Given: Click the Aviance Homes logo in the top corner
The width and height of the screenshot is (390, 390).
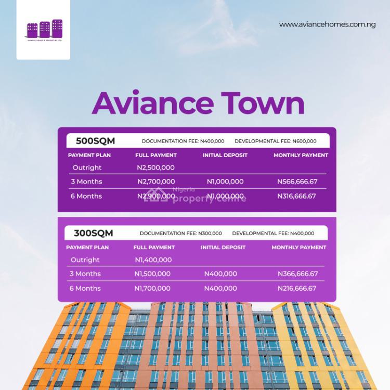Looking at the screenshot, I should click(44, 30).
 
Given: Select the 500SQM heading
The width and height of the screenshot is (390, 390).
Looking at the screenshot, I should click(95, 141).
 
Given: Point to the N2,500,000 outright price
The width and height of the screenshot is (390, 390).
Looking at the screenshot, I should click(155, 167).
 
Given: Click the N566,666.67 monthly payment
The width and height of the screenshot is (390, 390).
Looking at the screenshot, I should click(297, 181).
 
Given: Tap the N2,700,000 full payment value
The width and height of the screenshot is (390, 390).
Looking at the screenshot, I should click(156, 181).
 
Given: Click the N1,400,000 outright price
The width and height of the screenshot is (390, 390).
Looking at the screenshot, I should click(153, 259).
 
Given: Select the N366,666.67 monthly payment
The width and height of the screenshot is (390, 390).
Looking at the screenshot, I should click(298, 274).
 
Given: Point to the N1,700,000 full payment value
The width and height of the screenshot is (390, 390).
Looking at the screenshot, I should click(152, 288).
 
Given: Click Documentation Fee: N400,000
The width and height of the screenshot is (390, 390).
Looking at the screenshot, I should click(183, 141).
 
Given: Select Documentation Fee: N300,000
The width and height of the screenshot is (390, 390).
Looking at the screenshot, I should click(181, 233).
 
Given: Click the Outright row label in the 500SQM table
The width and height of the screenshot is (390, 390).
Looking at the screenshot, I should click(87, 167).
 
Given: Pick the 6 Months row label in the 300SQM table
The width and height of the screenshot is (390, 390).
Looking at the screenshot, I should click(85, 288).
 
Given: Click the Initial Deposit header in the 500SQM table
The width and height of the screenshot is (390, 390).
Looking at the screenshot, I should click(225, 155).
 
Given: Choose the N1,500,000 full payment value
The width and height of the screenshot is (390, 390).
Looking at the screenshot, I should click(152, 274).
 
